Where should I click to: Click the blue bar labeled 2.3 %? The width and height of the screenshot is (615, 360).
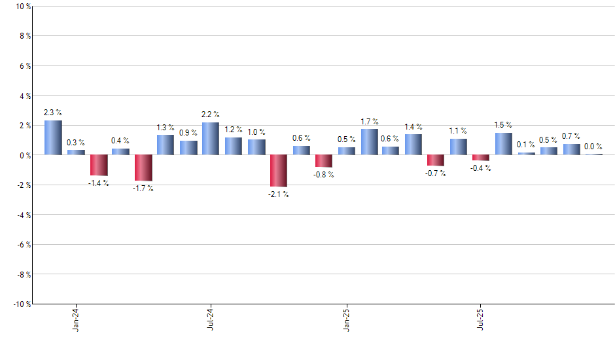click(x=53, y=137)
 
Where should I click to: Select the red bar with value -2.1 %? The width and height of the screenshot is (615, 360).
click(x=279, y=170)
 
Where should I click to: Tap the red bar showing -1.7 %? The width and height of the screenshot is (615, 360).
click(x=143, y=168)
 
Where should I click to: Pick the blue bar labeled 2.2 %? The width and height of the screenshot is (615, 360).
click(x=211, y=139)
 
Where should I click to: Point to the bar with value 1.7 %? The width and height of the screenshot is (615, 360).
click(x=369, y=142)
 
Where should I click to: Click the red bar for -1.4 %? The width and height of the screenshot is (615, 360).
click(x=98, y=165)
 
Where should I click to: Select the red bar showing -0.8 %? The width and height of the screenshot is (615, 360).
click(x=324, y=161)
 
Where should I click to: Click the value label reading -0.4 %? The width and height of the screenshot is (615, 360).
click(x=480, y=168)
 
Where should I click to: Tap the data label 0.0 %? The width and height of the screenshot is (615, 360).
click(x=593, y=147)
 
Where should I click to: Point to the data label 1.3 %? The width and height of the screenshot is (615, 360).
click(x=166, y=128)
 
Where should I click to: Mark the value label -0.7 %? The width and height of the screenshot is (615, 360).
click(x=436, y=173)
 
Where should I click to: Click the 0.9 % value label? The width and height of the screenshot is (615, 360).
click(x=188, y=134)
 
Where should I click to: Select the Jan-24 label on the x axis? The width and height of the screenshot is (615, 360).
click(x=76, y=319)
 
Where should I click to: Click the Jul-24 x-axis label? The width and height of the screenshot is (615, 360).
click(x=211, y=319)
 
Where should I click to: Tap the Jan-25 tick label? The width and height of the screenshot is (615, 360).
click(x=346, y=319)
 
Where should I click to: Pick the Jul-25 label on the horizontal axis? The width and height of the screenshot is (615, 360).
click(x=481, y=319)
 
